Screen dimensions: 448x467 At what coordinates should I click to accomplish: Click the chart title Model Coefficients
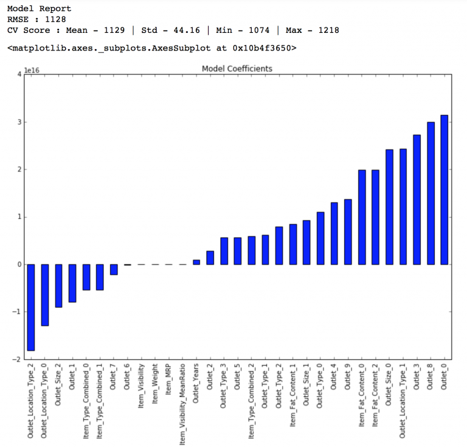point(237,69)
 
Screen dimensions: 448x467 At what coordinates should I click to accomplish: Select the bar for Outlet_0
point(444,190)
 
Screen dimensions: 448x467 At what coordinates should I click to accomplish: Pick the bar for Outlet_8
point(431,193)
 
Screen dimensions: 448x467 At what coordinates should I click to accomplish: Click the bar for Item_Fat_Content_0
point(362,217)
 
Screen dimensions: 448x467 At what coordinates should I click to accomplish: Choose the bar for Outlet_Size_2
point(58,286)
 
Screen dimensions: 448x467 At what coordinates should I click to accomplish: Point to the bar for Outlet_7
point(114,269)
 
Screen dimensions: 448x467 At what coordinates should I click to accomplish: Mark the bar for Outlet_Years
point(196,262)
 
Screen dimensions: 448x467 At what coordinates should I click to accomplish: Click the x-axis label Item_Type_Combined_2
point(251,398)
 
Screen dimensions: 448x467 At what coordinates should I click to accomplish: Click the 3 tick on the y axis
point(18,122)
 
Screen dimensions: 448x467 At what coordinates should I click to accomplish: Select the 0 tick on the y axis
point(18,264)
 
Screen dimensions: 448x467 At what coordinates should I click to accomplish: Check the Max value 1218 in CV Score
point(327,30)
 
